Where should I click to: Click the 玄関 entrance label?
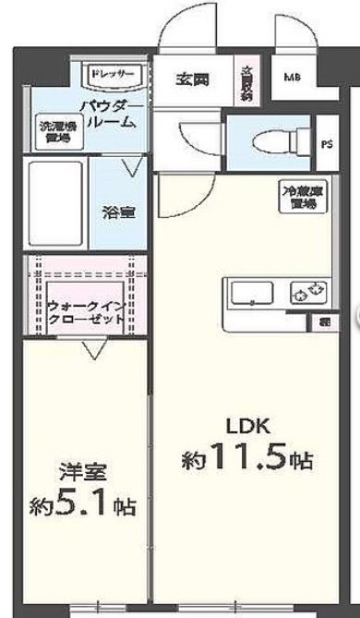[193, 79]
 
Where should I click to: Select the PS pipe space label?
[327, 143]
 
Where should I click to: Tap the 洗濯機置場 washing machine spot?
[55, 132]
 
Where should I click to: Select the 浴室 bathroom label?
[119, 212]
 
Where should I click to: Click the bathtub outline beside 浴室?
[56, 203]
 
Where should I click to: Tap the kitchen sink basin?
[250, 296]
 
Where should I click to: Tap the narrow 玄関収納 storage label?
[246, 81]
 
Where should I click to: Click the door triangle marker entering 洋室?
[90, 349]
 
